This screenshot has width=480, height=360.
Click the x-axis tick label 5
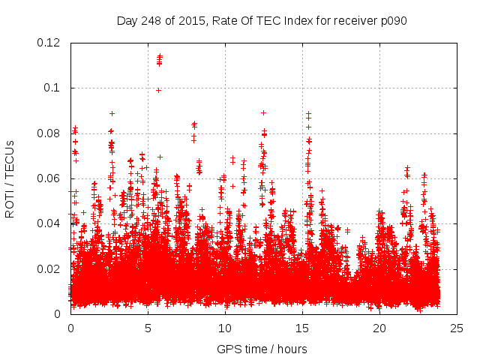pos(148,328)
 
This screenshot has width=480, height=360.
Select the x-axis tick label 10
pos(224,328)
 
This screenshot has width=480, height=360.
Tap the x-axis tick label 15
pos(301,328)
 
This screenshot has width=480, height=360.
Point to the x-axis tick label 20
pos(379,328)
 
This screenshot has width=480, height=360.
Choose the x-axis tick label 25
pos(456,328)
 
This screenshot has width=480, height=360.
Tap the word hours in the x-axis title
pos(292,349)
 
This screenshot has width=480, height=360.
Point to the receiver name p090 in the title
pos(391,20)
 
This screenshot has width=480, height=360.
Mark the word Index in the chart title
pos(292,20)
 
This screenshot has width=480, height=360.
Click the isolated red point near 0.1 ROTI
pos(158,90)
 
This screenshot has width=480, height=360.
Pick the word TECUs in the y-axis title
pos(10,158)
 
